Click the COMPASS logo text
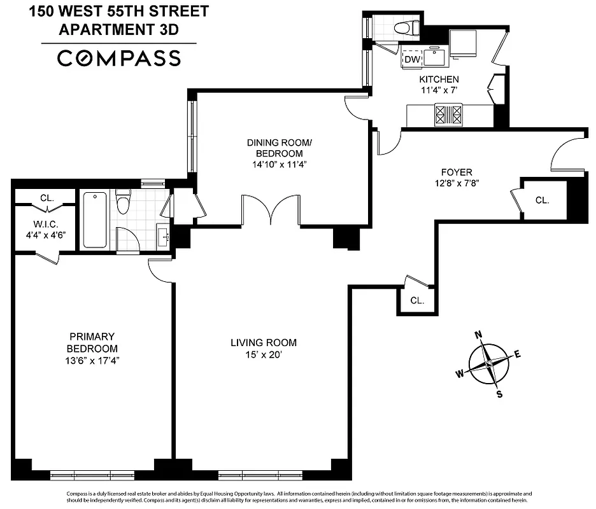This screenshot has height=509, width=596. [x=119, y=58]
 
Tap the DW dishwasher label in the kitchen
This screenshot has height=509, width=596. [x=413, y=59]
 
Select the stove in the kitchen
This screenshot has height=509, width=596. [x=448, y=115]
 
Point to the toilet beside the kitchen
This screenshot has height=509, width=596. [x=405, y=27]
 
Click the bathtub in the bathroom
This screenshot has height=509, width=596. [x=95, y=220]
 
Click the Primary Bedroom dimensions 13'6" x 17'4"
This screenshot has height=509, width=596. [x=92, y=360]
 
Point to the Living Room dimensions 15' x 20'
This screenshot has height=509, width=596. [x=263, y=354]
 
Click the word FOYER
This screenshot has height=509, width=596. [x=456, y=172]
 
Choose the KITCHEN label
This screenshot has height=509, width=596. [x=438, y=80]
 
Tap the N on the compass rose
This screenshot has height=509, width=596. [x=479, y=335]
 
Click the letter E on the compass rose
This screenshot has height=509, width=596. [x=517, y=354]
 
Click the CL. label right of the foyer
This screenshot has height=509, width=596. [x=542, y=200]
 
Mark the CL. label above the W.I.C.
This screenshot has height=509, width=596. [x=46, y=198]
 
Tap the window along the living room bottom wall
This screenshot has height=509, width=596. [x=259, y=475]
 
